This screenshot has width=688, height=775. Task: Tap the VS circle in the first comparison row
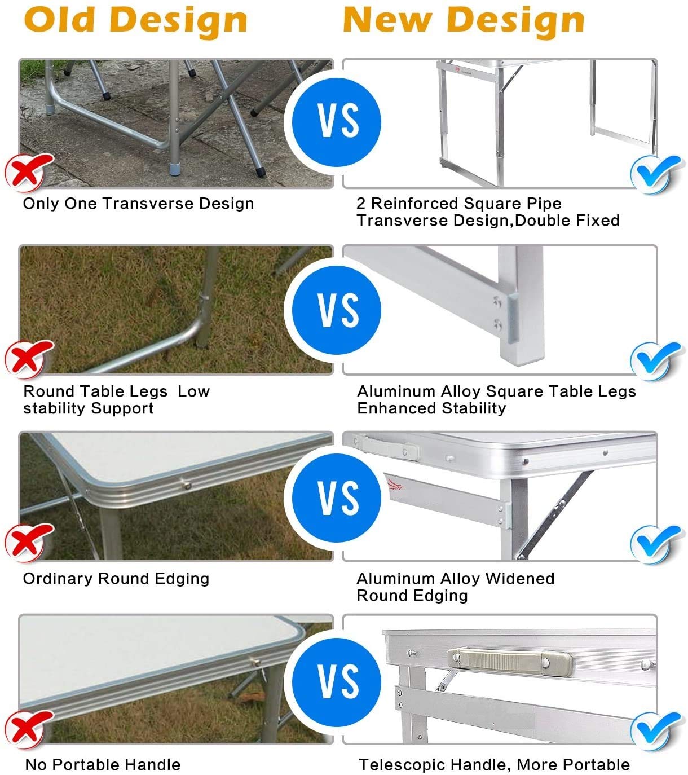337,122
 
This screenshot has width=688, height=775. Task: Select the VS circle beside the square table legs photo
337,310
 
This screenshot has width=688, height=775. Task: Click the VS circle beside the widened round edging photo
337,497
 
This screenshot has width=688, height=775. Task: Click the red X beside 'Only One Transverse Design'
28,173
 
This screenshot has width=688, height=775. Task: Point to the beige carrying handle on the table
510,662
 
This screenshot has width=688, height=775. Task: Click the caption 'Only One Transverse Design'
138,203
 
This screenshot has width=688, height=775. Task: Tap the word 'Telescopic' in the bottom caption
405,764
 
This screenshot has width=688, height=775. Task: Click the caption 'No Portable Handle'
103,764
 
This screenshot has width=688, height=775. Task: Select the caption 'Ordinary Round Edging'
116,578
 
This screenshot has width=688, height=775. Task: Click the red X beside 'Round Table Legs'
28,359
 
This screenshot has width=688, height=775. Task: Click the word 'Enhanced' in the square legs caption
396,408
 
